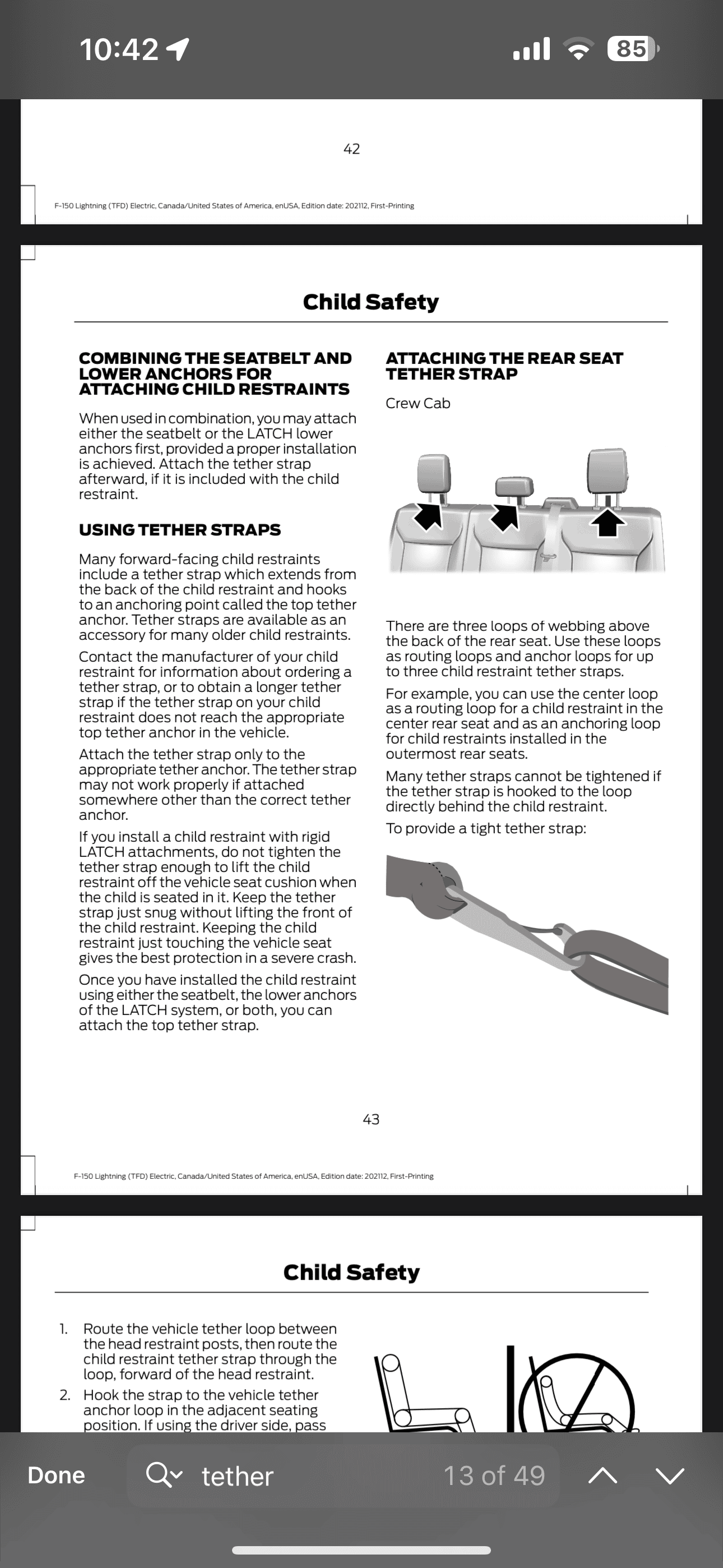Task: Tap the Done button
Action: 56,1475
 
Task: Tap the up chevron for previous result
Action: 602,1475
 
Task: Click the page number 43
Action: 370,1119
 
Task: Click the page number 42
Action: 351,149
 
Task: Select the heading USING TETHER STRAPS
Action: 179,530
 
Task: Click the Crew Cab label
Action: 418,404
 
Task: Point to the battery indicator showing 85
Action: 632,49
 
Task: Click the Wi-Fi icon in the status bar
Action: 579,49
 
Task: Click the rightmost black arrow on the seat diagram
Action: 608,522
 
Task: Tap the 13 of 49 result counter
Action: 494,1475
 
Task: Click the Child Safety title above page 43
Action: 370,302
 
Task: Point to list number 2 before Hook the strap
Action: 64,1395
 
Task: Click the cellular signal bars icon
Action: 532,49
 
